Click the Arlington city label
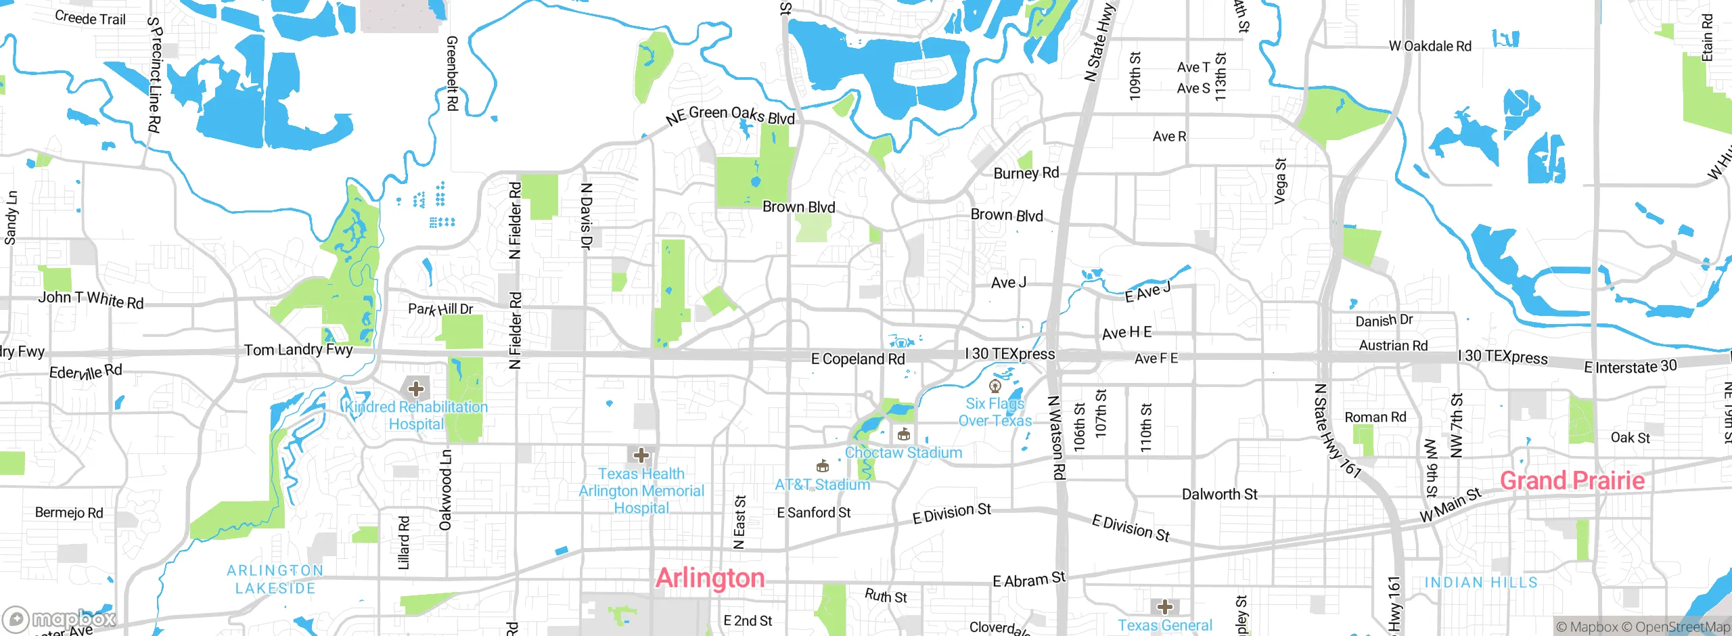(710, 578)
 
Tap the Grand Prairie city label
(1572, 480)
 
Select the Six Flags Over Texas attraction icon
(995, 387)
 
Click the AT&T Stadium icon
(822, 466)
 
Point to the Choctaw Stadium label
(903, 453)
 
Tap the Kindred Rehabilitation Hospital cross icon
(416, 389)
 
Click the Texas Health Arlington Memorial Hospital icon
(641, 455)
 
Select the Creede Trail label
(90, 18)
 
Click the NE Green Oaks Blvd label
(730, 115)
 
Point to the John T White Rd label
(91, 299)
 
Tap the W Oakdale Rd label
(1430, 46)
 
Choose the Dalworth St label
(1219, 495)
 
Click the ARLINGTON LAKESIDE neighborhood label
(275, 579)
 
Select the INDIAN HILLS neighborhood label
(1480, 583)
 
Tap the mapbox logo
(60, 618)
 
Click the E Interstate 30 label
(1630, 367)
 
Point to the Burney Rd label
(1026, 173)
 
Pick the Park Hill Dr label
(440, 309)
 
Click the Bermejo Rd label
(69, 513)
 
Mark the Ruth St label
(886, 596)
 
